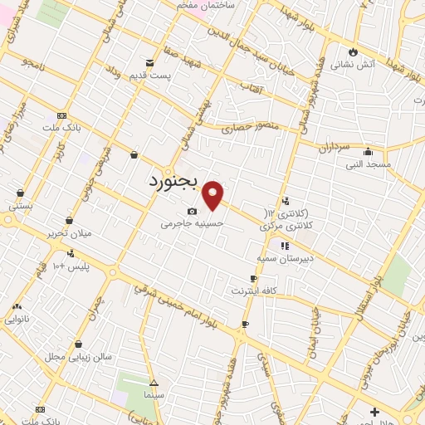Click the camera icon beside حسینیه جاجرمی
[x=193, y=212]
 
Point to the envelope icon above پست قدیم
[x=149, y=62]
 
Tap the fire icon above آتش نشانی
[x=354, y=51]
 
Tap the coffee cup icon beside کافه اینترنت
[x=253, y=279]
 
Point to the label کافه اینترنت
[x=253, y=292]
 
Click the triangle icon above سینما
[x=154, y=383]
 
